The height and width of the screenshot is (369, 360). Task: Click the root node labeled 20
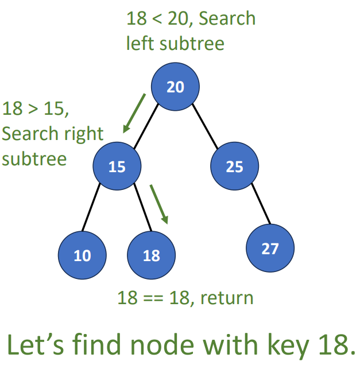(x=176, y=87)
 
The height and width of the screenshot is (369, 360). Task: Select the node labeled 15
(x=117, y=166)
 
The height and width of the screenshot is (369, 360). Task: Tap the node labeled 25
(x=234, y=166)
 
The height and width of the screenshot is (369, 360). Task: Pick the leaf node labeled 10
(x=82, y=255)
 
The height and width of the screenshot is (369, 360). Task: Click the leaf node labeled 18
(x=151, y=255)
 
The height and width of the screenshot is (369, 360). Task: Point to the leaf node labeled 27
(x=270, y=248)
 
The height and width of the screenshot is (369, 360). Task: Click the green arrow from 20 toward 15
(x=134, y=113)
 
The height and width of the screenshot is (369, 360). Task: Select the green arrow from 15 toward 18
(x=159, y=204)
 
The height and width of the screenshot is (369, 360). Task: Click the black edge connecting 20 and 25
(x=206, y=127)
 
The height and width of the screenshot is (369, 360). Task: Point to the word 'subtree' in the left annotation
(x=34, y=157)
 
